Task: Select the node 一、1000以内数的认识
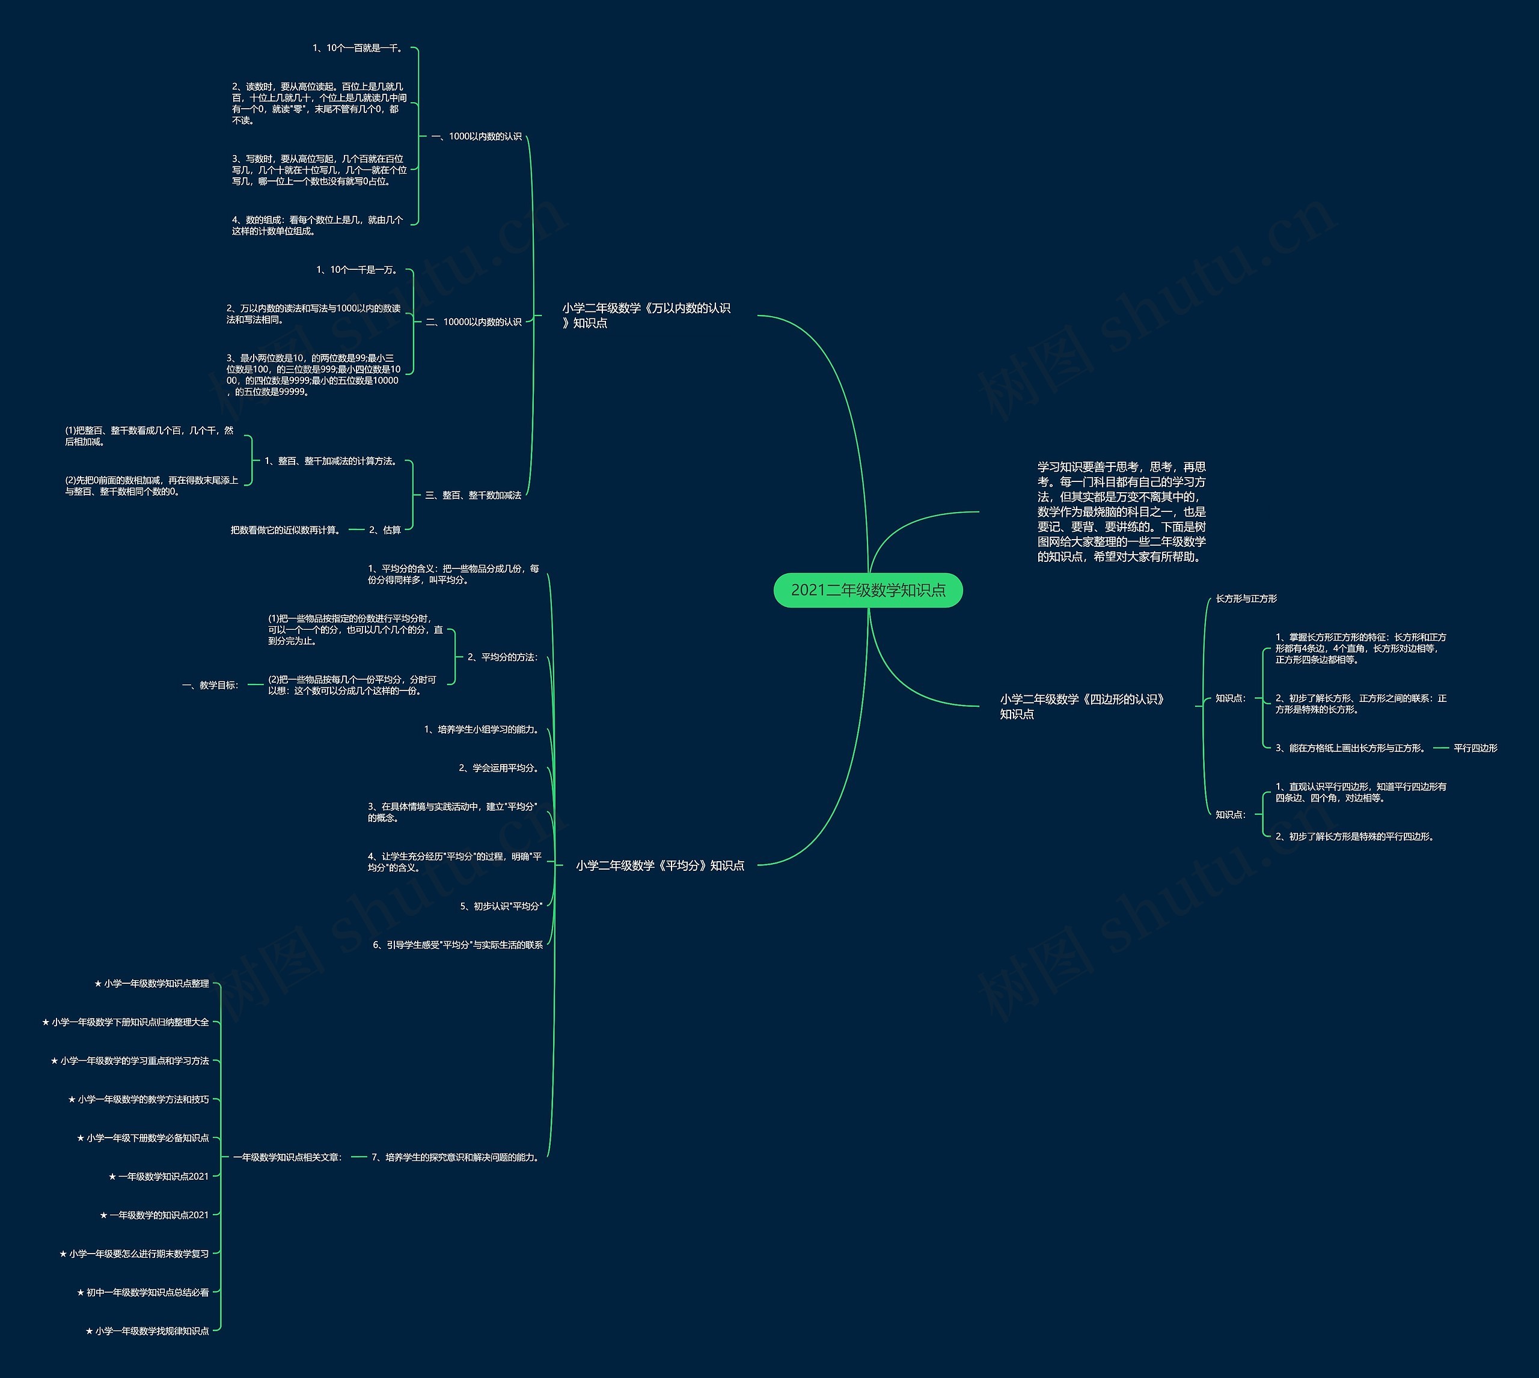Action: (x=476, y=136)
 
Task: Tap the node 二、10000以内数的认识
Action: (x=473, y=322)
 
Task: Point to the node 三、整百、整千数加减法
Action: (x=473, y=495)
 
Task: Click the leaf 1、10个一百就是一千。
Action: (x=359, y=47)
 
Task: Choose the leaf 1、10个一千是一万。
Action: (x=356, y=270)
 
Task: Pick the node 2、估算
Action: (x=385, y=530)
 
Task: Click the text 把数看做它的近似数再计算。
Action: (x=286, y=530)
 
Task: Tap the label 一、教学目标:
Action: (x=210, y=685)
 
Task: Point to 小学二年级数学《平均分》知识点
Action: (x=659, y=865)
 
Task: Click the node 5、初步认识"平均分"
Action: (x=501, y=906)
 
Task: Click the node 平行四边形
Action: (x=1475, y=748)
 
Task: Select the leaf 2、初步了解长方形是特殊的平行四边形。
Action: (x=1356, y=837)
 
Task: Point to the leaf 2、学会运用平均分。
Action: (x=500, y=768)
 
